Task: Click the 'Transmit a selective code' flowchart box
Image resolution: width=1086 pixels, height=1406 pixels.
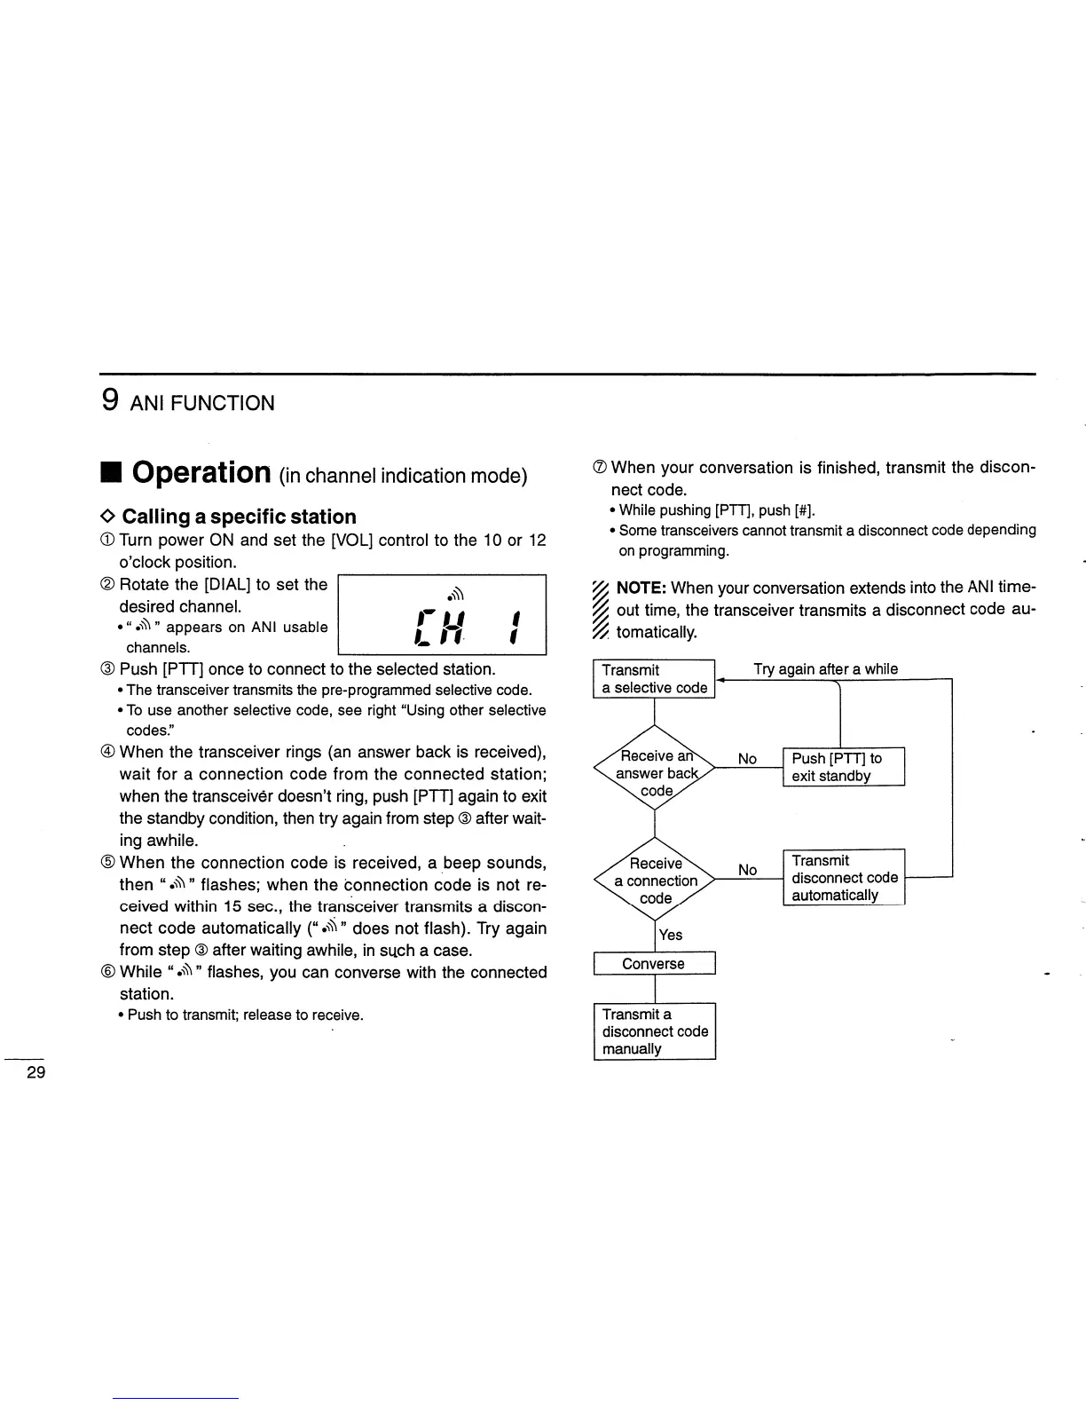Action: pyautogui.click(x=654, y=679)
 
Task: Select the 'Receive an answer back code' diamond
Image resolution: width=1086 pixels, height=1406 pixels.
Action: pyautogui.click(x=655, y=773)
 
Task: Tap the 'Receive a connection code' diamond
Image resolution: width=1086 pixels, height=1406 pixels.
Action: pyautogui.click(x=655, y=881)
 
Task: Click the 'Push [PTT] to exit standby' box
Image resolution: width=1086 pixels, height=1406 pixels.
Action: pyautogui.click(x=843, y=767)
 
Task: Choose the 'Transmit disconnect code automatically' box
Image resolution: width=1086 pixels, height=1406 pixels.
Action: pyautogui.click(x=844, y=878)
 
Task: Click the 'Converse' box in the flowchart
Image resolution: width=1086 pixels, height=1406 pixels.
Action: pyautogui.click(x=654, y=964)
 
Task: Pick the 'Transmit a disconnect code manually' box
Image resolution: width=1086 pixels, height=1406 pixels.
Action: pyautogui.click(x=655, y=1031)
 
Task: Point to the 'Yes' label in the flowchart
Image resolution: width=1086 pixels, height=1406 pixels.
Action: pyautogui.click(x=671, y=935)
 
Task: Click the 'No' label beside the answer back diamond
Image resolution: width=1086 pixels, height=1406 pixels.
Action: pyautogui.click(x=748, y=759)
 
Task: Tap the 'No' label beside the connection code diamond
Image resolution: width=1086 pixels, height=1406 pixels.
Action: pyautogui.click(x=748, y=870)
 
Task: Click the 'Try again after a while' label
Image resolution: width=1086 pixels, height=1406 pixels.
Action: pyautogui.click(x=825, y=669)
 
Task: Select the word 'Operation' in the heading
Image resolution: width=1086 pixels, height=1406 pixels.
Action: pyautogui.click(x=202, y=472)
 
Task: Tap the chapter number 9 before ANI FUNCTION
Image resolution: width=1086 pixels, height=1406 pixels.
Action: pyautogui.click(x=109, y=401)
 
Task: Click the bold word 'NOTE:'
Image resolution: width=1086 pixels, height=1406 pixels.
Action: pyautogui.click(x=641, y=588)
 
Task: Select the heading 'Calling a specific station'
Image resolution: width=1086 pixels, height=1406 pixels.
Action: pyautogui.click(x=239, y=517)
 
